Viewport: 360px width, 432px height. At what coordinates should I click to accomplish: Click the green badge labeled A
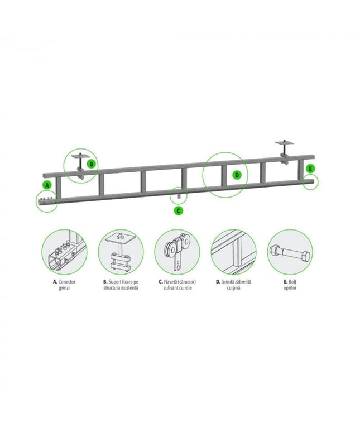[x=47, y=185]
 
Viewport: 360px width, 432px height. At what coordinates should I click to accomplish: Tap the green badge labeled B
[x=91, y=165]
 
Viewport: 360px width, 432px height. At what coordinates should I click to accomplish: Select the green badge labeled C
[x=179, y=211]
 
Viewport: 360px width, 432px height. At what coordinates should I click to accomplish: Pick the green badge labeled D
[x=237, y=175]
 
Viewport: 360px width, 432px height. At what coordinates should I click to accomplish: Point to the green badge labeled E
[x=310, y=169]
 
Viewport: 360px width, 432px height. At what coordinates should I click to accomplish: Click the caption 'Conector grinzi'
[x=64, y=285]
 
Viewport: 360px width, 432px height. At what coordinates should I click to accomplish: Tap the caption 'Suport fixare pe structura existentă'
[x=121, y=285]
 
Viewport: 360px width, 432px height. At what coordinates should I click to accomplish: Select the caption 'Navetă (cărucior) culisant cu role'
[x=177, y=285]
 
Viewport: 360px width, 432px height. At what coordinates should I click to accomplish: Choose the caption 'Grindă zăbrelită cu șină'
[x=233, y=285]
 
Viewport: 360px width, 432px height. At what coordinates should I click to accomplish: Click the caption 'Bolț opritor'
[x=290, y=285]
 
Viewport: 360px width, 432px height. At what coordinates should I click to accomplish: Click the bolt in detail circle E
[x=290, y=252]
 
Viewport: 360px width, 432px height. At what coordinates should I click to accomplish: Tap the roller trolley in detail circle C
[x=178, y=252]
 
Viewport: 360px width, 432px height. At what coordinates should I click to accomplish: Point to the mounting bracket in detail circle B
[x=121, y=252]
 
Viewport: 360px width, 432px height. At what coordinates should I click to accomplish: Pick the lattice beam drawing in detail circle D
[x=233, y=252]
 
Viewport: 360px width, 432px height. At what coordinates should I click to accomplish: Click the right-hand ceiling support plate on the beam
[x=285, y=143]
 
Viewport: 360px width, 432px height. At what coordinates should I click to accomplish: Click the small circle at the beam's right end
[x=311, y=182]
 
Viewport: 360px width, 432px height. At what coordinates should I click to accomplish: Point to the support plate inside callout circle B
[x=79, y=156]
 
